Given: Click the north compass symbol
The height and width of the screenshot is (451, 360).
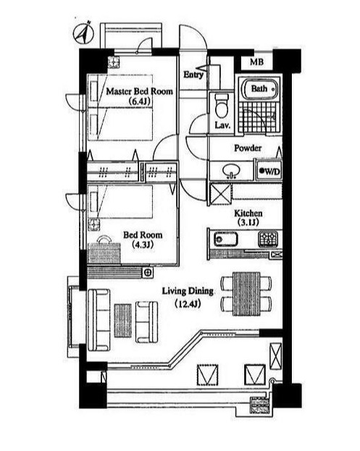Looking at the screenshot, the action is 83,33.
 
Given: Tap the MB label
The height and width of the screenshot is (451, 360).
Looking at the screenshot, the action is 256,62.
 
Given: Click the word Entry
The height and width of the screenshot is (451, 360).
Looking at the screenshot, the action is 193,75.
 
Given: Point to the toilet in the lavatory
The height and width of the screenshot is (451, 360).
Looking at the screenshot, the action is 222,106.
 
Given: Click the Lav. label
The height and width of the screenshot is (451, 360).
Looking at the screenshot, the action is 222,125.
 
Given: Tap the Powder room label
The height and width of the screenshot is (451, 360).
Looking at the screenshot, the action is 248,148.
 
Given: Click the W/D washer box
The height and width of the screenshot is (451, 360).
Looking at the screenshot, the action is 269,171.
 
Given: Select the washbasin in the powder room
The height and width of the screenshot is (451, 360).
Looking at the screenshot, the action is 231,171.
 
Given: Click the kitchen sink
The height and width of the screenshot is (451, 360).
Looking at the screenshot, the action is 225,239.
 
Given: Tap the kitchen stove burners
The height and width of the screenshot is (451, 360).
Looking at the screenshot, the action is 268,239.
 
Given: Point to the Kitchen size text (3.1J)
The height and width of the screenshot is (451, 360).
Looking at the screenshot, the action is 248,222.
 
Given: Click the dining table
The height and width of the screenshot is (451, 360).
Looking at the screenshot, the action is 246,293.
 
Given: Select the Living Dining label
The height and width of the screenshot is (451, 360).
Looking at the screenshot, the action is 188,291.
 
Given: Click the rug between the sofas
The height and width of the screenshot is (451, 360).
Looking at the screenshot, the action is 123,321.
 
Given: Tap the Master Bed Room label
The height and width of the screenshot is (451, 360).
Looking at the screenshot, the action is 140,91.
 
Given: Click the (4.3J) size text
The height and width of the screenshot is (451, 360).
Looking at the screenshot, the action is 143,245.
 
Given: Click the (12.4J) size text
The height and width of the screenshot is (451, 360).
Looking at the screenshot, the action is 188,304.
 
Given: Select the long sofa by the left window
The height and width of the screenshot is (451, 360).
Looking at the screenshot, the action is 99,319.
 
